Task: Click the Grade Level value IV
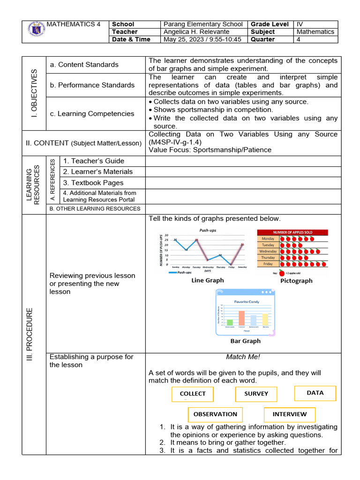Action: click(300, 24)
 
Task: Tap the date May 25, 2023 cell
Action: click(202, 39)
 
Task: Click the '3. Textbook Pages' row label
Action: click(93, 183)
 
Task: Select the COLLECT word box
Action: click(193, 394)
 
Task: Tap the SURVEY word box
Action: click(256, 394)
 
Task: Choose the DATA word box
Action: click(315, 393)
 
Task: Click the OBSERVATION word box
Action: click(215, 414)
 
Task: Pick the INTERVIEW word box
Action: click(290, 414)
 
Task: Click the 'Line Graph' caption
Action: click(207, 280)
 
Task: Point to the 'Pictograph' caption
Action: click(296, 281)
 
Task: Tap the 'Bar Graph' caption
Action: click(245, 341)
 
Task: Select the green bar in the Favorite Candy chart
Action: click(230, 322)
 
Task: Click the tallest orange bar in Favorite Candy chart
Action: click(242, 317)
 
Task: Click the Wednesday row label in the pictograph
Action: click(268, 251)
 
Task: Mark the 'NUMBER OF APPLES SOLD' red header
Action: click(292, 232)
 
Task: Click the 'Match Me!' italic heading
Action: click(243, 357)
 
